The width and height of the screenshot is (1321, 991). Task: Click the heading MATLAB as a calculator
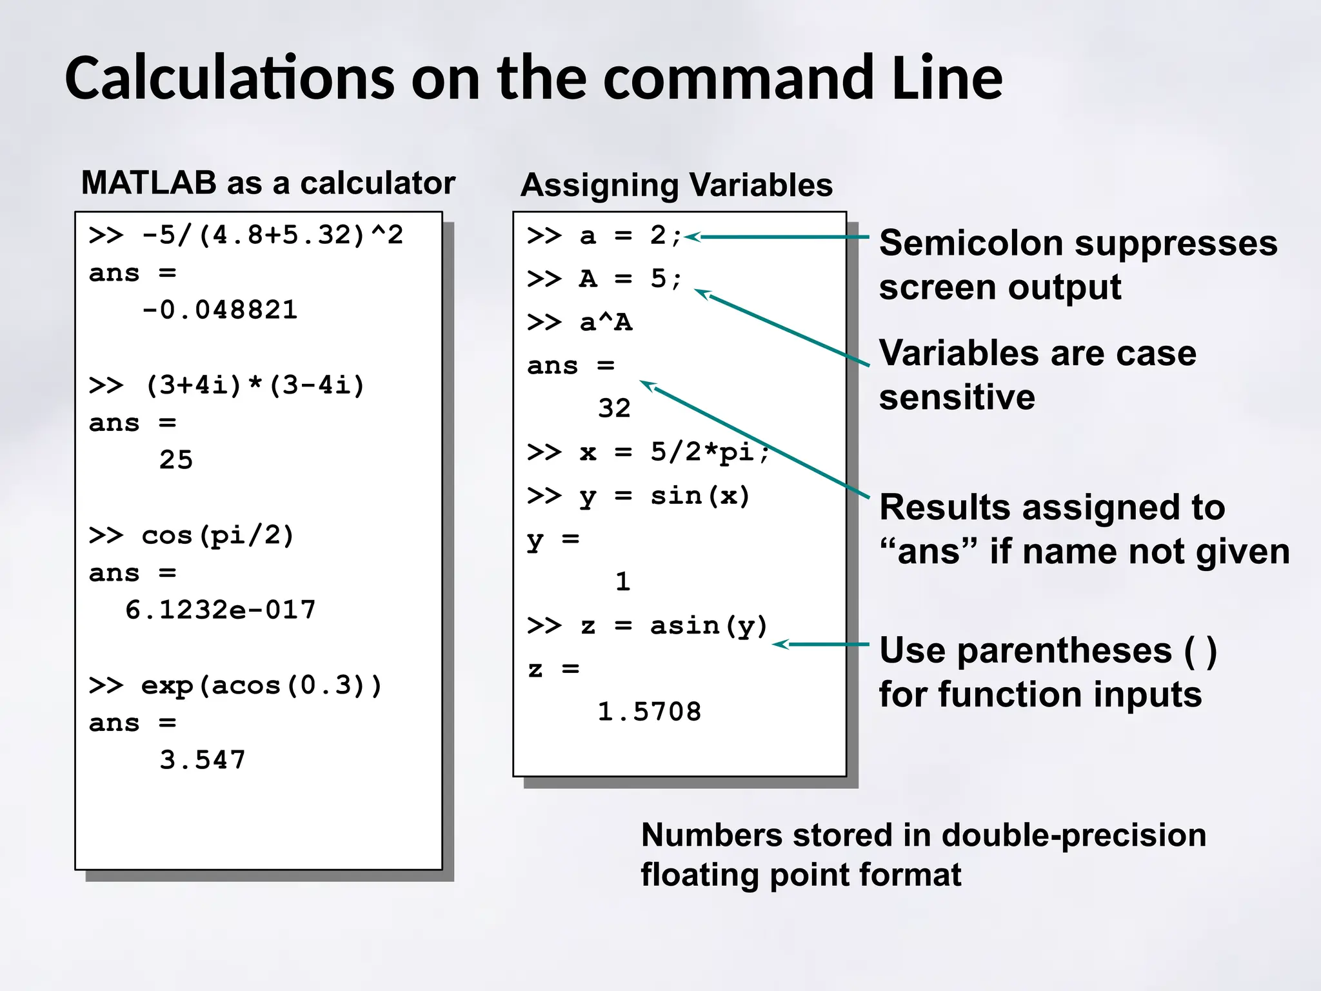268,183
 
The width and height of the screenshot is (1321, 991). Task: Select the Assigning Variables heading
676,185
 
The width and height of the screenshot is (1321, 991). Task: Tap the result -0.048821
219,310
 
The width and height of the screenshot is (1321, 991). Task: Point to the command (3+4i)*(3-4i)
255,385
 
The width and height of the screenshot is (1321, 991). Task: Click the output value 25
176,460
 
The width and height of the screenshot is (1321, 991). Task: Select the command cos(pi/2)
217,536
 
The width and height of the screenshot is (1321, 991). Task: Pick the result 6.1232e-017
220,610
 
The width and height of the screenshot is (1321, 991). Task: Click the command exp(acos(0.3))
261,685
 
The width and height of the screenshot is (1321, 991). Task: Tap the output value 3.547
203,760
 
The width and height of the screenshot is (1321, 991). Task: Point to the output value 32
614,408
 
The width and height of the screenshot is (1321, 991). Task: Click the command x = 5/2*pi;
675,452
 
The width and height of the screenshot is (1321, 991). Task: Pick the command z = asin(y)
673,626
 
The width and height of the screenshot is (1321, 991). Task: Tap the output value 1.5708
649,712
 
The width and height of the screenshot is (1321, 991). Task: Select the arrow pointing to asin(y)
820,644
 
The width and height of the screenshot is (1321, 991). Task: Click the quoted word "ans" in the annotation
928,552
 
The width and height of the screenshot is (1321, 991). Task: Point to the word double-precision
1073,836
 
